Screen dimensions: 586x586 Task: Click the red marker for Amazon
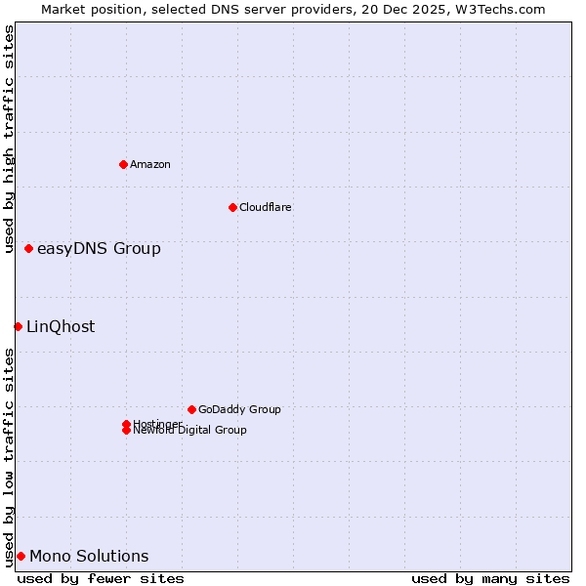click(123, 164)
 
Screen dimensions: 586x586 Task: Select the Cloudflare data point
click(232, 207)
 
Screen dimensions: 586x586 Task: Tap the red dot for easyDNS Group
click(29, 249)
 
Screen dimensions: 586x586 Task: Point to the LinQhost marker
click(18, 326)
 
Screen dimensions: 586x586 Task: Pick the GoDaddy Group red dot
click(191, 409)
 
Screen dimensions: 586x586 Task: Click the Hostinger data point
click(126, 424)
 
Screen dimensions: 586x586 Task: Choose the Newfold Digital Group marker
click(126, 431)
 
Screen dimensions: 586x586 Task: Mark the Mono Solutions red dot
click(21, 557)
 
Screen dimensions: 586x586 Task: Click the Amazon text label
click(150, 164)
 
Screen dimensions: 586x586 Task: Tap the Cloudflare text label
click(266, 207)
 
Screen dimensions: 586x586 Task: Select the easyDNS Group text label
click(99, 249)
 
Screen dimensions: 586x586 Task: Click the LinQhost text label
click(61, 327)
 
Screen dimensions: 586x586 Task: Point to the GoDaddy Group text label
click(239, 409)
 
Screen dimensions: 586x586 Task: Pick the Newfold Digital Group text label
click(190, 431)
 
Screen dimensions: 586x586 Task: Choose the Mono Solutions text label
click(89, 557)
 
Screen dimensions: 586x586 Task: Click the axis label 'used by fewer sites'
click(101, 578)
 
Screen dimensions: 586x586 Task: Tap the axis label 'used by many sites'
click(490, 578)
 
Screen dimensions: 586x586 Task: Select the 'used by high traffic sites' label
click(10, 139)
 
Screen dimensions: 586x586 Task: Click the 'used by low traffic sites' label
click(10, 457)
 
